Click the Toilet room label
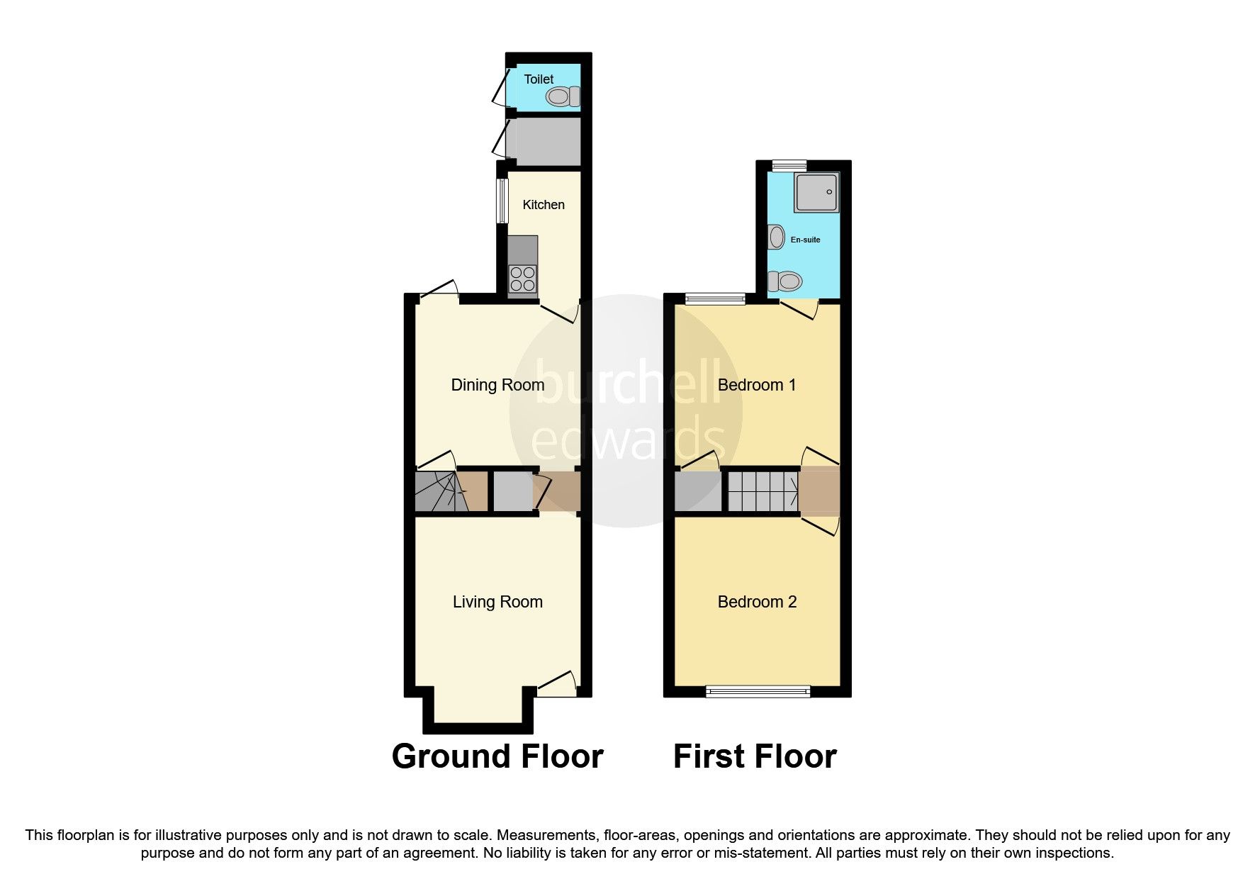coord(539,79)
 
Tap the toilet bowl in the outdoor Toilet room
coord(563,96)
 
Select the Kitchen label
coord(544,205)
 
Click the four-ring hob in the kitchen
coord(523,278)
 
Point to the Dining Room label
coord(497,385)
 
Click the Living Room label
coord(497,602)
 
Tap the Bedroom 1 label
coord(757,385)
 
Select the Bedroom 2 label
coord(757,602)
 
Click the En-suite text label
coord(805,240)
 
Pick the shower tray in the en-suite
coord(816,191)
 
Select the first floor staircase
coord(762,491)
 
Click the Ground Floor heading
coord(497,756)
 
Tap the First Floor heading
coord(755,756)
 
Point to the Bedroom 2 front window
coord(758,691)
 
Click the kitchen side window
coord(502,201)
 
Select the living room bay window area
coord(478,709)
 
